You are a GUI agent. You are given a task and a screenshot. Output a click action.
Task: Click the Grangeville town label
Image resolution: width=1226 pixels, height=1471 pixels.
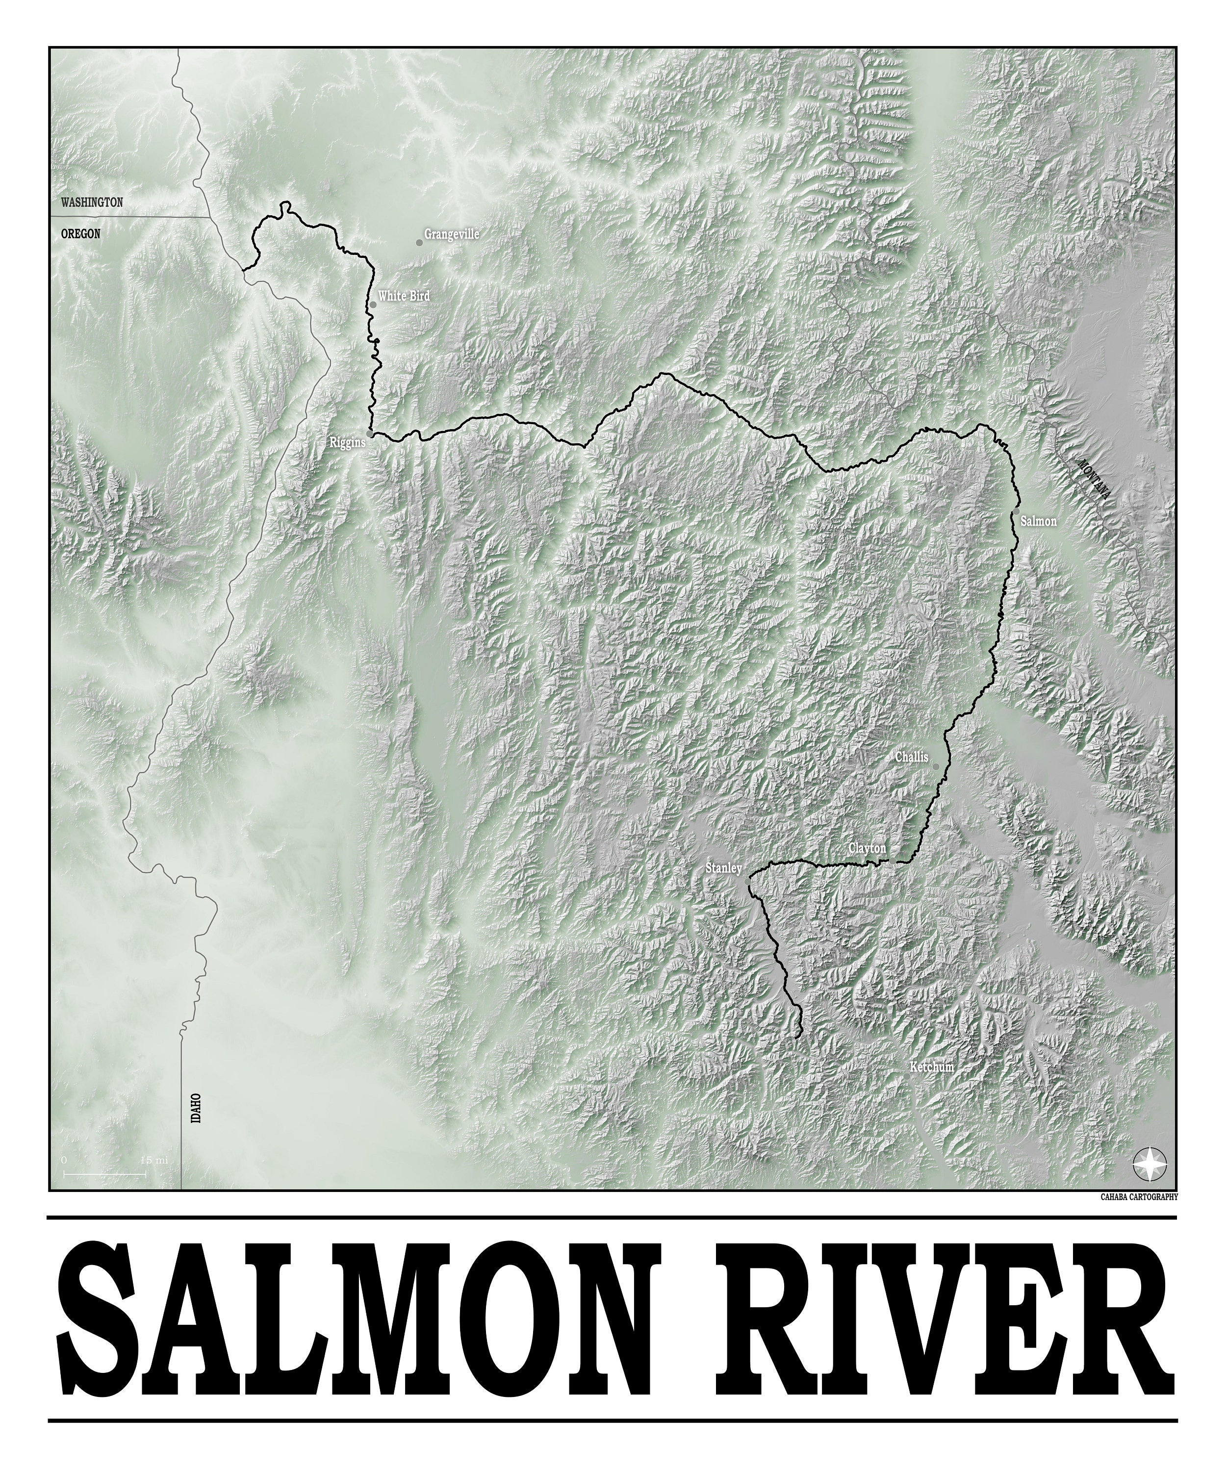[x=452, y=234]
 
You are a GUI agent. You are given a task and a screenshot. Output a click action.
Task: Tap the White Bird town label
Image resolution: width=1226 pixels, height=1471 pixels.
[x=404, y=296]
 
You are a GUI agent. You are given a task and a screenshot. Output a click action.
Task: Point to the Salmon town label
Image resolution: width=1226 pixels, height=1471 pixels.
[x=1038, y=521]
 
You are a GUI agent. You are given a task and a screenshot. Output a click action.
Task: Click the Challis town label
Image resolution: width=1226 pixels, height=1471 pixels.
[x=912, y=757]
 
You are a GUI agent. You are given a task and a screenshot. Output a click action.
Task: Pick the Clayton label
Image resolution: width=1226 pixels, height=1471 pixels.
[x=868, y=848]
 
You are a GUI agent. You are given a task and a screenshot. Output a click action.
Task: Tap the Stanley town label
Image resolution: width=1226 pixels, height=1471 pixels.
[x=724, y=868]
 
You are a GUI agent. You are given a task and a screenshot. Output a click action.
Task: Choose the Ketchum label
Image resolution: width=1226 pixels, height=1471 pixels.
[x=932, y=1067]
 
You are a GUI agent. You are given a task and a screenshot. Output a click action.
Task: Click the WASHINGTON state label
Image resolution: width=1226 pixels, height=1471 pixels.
[x=92, y=203]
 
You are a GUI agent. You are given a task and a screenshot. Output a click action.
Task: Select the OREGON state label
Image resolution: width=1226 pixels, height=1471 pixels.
[x=80, y=234]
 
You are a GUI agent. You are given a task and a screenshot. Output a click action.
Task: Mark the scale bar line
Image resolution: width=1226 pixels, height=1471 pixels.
[x=105, y=1173]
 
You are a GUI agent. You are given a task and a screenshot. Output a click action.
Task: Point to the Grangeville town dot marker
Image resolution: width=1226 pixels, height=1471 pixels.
[x=419, y=242]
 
